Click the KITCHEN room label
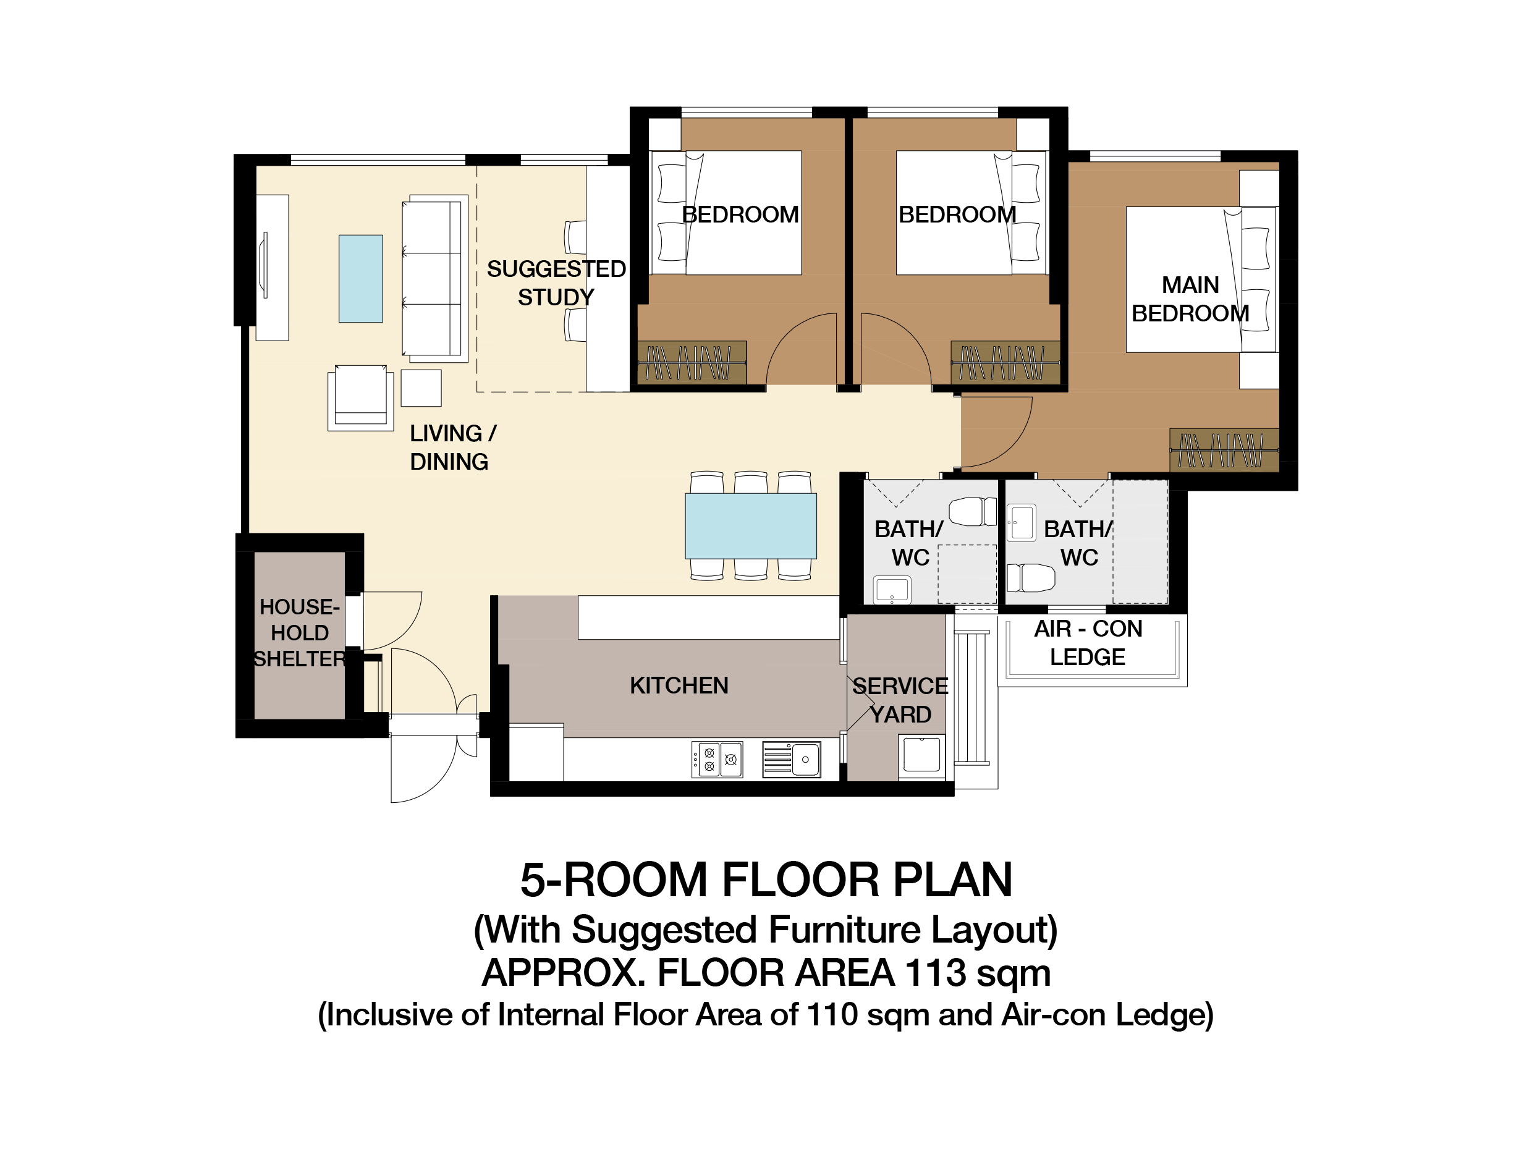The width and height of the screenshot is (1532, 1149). point(679,685)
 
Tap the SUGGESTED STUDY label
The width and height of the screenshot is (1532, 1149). point(556,282)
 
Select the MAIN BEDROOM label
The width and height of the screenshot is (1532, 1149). point(1190,299)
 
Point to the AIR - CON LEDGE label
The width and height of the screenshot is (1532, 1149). point(1088,643)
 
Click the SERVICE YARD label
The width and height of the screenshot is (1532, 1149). point(900,700)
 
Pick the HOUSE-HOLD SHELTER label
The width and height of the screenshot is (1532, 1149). point(299,632)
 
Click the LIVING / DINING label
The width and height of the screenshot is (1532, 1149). point(452,447)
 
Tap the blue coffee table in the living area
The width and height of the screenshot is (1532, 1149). point(360,278)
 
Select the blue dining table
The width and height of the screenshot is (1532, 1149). point(751,526)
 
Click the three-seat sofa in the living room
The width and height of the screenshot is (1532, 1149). point(434,278)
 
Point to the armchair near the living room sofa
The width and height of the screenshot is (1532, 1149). point(360,397)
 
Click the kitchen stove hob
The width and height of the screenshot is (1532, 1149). point(717,760)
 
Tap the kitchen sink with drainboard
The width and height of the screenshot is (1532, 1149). point(792,760)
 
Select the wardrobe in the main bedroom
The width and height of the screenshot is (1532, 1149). point(1224,450)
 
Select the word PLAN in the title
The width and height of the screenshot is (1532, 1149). point(952,880)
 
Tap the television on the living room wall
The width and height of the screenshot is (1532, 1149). point(265,266)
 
